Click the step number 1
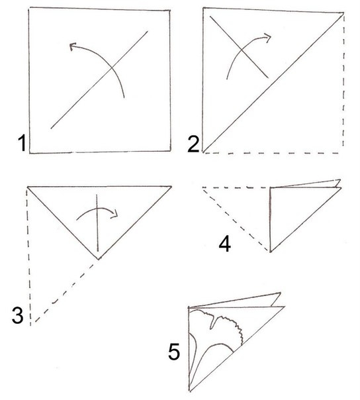[22, 143]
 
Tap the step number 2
[193, 144]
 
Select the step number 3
[18, 315]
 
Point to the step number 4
[225, 244]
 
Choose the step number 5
[174, 352]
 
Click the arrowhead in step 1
[73, 46]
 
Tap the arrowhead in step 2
[267, 38]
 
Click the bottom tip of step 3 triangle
[98, 259]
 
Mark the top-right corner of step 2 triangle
[343, 13]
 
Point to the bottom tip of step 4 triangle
[270, 252]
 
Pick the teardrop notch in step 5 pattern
[212, 322]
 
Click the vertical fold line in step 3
[97, 223]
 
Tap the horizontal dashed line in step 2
[271, 154]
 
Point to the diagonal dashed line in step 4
[236, 219]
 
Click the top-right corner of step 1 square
[170, 11]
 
